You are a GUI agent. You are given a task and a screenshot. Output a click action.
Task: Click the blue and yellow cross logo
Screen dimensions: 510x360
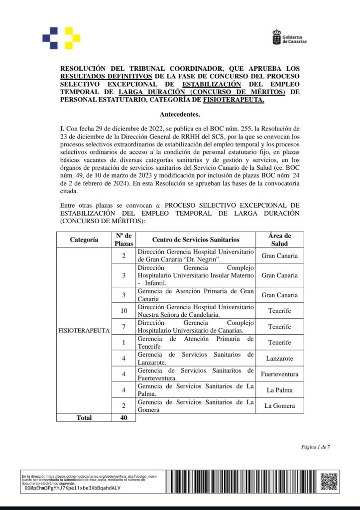point(61,37)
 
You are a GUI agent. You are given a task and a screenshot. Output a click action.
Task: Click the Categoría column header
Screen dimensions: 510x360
point(84,240)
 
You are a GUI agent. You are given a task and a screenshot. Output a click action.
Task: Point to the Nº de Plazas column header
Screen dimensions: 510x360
point(123,240)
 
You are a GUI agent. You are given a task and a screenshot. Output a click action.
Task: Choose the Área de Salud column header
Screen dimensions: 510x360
point(279,240)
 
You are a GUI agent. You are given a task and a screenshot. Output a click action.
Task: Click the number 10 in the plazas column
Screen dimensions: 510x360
point(123,311)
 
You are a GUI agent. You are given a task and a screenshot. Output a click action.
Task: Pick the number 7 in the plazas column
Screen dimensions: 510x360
point(123,327)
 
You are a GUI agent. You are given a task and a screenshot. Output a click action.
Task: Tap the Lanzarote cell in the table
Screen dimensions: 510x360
point(279,358)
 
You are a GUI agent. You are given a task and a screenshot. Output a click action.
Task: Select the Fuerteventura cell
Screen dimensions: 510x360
point(279,374)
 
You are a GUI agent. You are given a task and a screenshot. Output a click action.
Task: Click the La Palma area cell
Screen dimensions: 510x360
point(279,390)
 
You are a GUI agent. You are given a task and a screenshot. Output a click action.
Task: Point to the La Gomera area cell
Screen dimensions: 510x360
point(279,406)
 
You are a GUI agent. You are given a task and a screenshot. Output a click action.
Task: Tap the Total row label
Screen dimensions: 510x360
point(84,418)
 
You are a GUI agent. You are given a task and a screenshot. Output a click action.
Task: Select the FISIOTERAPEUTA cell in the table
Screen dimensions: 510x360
point(84,330)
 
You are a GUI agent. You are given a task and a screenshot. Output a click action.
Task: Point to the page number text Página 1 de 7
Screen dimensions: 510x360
point(315,447)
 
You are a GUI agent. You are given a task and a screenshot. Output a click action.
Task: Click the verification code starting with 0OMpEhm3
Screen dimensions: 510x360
point(72,488)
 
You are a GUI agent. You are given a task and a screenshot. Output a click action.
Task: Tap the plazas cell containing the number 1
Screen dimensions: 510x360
point(123,343)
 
